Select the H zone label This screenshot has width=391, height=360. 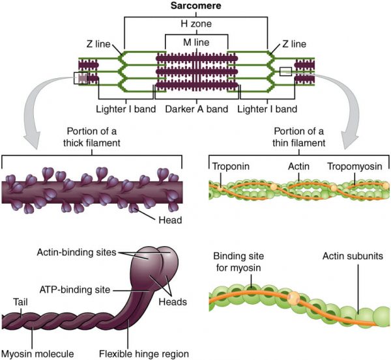195,25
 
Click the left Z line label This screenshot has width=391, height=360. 101,44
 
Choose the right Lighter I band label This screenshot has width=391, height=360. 267,109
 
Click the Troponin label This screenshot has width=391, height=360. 231,166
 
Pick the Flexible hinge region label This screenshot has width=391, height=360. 150,354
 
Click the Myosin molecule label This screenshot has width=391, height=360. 37,354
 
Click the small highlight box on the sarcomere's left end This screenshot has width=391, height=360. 81,79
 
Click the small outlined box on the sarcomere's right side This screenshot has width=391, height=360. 285,72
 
